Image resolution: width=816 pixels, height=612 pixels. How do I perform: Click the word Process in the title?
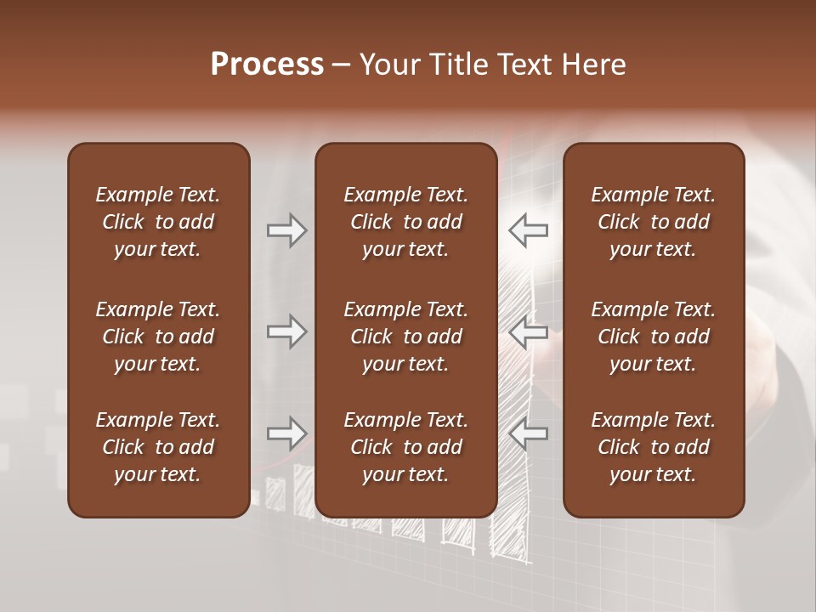(267, 65)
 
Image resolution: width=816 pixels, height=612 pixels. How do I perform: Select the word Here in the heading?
(595, 65)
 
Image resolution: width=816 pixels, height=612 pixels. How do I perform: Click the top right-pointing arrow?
(286, 230)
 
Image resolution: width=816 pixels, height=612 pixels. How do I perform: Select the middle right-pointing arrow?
(286, 331)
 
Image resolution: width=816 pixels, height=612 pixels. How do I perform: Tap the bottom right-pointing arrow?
(286, 433)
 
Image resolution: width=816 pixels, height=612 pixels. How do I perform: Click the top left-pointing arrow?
(528, 230)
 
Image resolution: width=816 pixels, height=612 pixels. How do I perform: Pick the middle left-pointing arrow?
(528, 331)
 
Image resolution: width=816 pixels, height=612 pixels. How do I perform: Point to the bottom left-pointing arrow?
(528, 433)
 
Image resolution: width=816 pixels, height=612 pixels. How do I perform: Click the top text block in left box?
(158, 222)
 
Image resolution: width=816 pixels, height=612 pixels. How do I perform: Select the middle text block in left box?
(158, 337)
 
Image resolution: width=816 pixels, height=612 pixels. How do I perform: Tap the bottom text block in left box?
(158, 447)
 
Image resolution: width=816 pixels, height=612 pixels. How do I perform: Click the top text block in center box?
(405, 222)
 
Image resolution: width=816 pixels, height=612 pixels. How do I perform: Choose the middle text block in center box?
(405, 337)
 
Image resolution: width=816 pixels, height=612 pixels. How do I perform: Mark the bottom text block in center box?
(405, 447)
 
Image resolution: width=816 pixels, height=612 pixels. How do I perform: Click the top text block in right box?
(653, 222)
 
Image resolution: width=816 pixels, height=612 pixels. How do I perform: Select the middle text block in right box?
(653, 337)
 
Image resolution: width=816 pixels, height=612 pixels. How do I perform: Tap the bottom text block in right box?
(653, 447)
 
